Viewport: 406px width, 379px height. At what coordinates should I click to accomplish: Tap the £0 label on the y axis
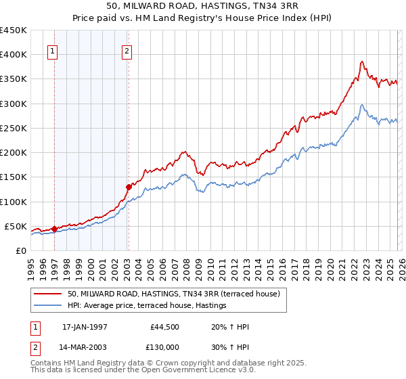click(20, 250)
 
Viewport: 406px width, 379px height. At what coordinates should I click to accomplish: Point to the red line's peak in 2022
click(362, 62)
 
